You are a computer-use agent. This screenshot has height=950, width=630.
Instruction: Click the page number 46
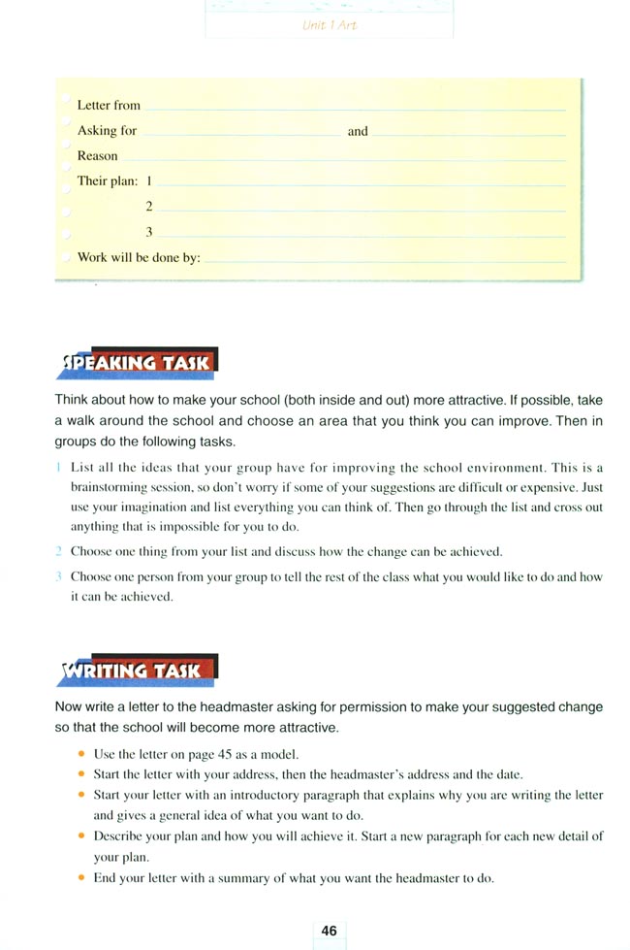click(x=329, y=931)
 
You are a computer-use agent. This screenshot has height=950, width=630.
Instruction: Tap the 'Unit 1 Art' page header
click(x=330, y=25)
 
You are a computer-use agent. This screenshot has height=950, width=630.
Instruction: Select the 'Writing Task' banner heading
click(x=137, y=671)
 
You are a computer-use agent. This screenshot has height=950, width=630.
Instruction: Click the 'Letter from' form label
click(x=109, y=105)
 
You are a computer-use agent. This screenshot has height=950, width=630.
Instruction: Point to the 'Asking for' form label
click(x=107, y=130)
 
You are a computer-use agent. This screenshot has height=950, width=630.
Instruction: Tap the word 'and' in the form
click(x=358, y=131)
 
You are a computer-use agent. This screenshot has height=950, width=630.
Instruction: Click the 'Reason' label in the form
click(x=97, y=155)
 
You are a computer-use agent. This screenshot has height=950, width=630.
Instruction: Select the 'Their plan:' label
click(x=108, y=180)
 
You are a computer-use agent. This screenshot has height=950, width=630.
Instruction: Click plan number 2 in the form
click(x=149, y=207)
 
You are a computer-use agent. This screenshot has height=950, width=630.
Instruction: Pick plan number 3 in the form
click(x=149, y=232)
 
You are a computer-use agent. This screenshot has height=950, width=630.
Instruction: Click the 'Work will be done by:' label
click(x=139, y=258)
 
